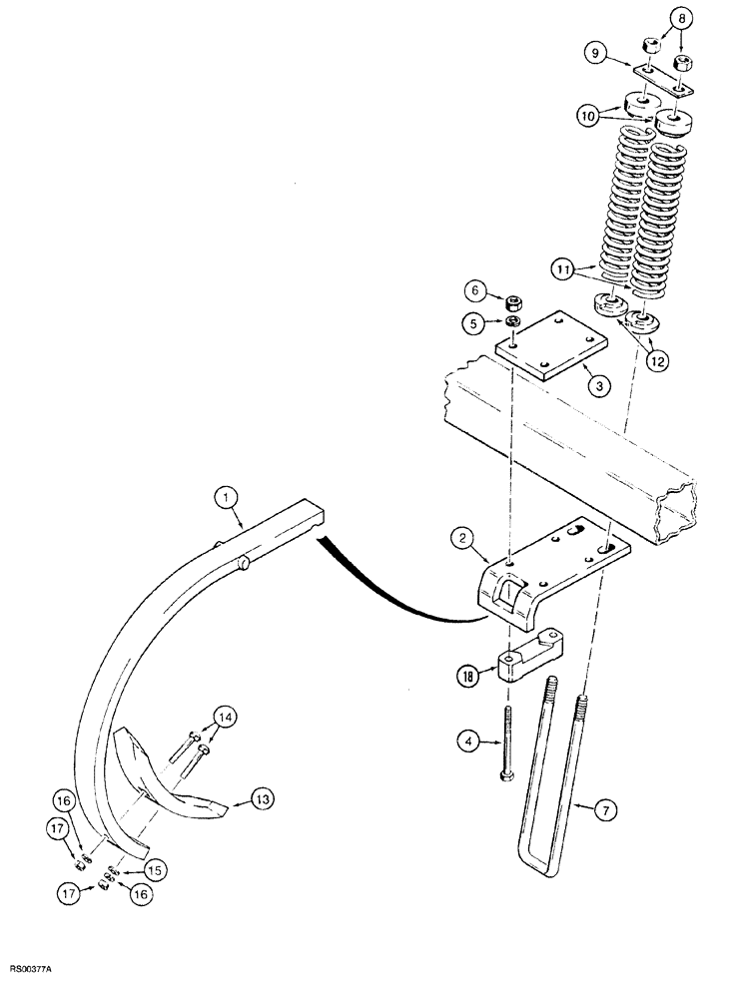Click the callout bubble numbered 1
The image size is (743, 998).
[227, 495]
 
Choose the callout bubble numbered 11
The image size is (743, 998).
[563, 268]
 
